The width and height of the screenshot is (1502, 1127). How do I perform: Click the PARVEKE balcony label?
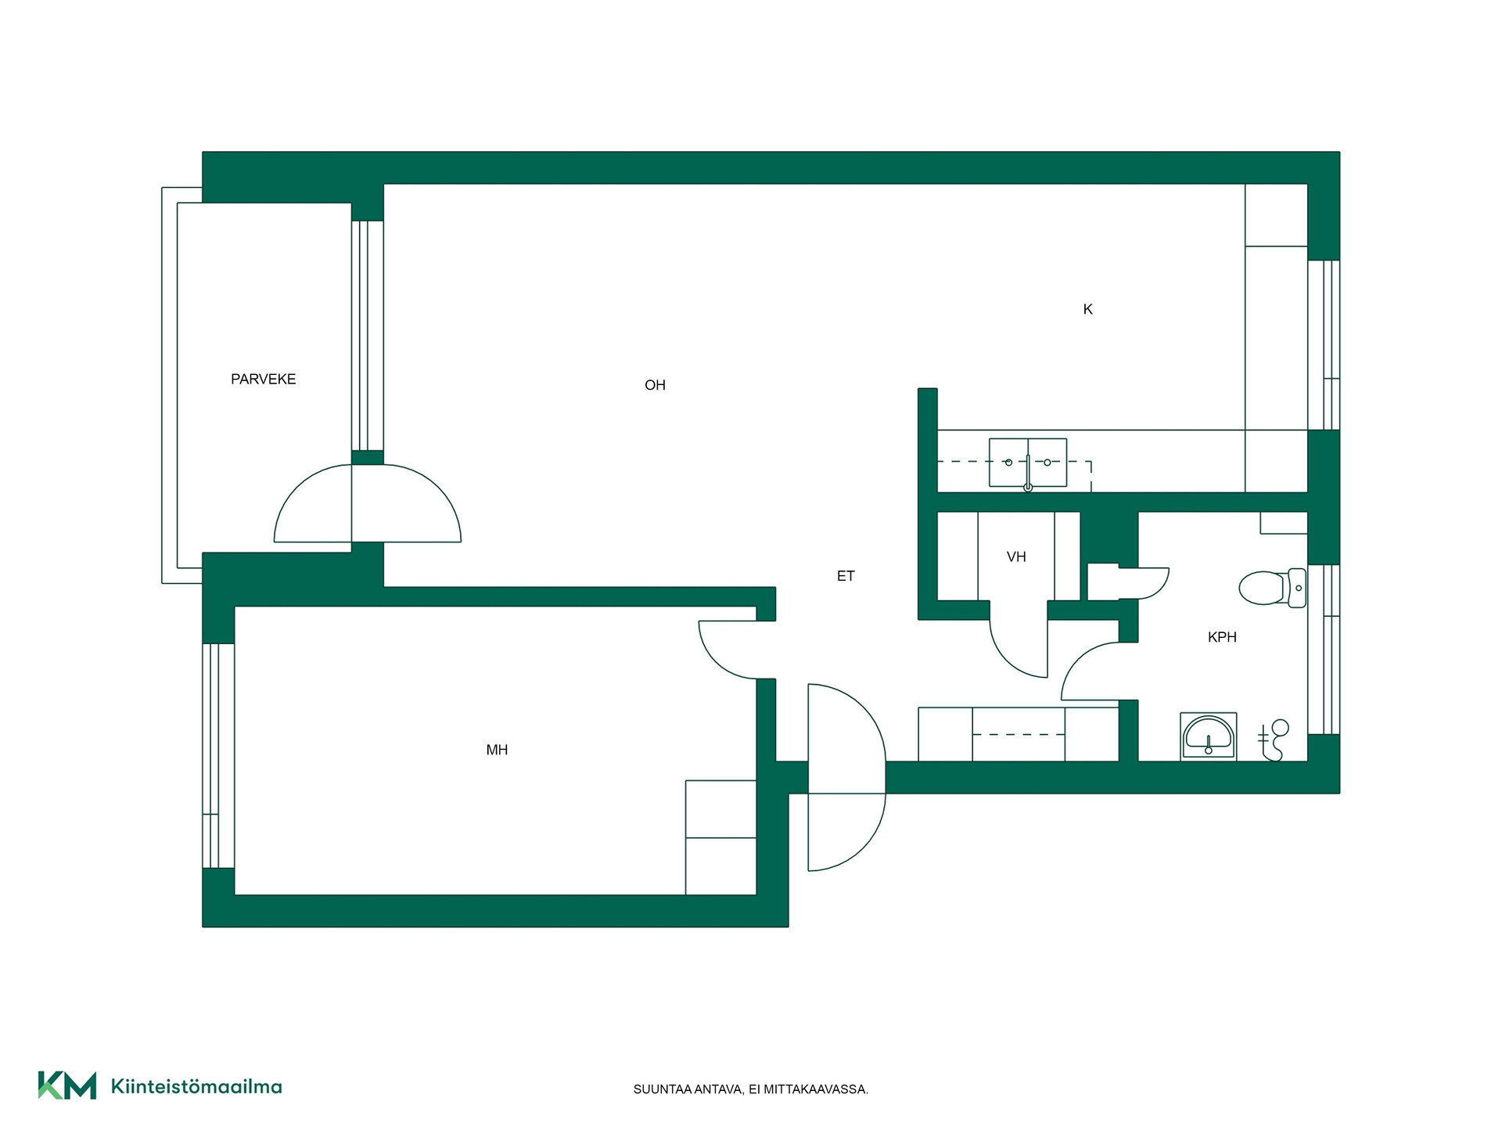coord(263,379)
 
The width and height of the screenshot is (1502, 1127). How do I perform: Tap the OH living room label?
coord(655,385)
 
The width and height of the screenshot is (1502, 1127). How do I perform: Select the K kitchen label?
coord(1087,309)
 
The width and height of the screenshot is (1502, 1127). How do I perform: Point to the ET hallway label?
coord(846,576)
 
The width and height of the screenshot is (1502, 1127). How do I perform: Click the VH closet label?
coord(1016,557)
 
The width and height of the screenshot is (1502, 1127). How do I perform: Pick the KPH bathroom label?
coord(1222,637)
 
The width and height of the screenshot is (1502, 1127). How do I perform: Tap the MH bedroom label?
coord(497,750)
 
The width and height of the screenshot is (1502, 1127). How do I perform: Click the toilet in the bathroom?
coord(1273,588)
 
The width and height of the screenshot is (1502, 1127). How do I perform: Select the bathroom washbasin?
coord(1208,736)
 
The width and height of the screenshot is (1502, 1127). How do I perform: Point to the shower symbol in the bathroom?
coord(1274,740)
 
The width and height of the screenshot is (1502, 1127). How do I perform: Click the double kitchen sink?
coord(1028,463)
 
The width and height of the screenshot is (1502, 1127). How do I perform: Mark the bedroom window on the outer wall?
coord(218,755)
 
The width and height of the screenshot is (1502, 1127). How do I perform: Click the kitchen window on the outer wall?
coord(1324,345)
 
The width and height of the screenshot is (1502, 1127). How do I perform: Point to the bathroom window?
coord(1324,650)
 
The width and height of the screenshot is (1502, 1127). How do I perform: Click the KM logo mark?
coord(67,1086)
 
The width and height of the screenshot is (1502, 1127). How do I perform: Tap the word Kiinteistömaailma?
coord(196,1086)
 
